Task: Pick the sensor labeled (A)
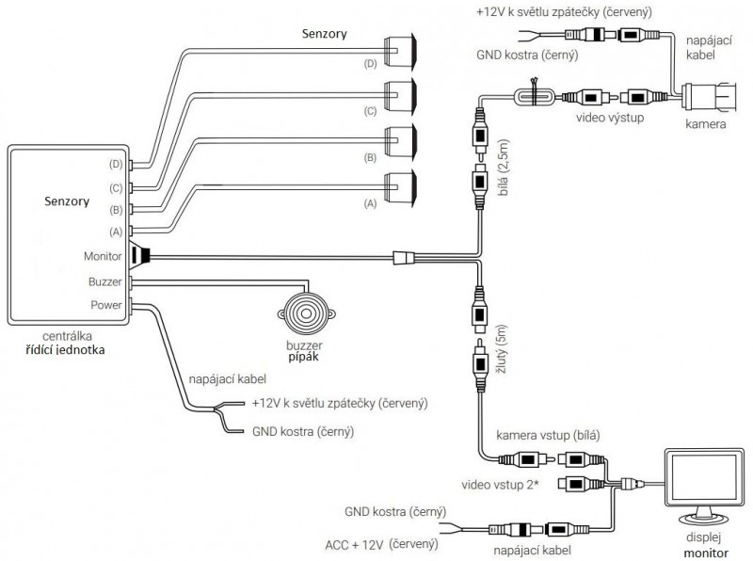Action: (x=404, y=189)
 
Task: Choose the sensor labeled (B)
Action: (x=404, y=141)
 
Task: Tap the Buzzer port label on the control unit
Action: (x=105, y=280)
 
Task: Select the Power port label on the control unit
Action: (x=106, y=304)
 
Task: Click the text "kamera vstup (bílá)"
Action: (x=547, y=435)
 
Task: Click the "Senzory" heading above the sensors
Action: (x=324, y=34)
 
